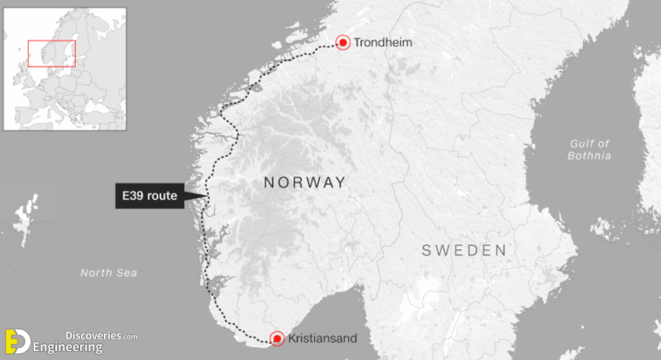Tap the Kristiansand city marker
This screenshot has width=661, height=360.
tap(277, 339)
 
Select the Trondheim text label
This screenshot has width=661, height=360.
tap(383, 42)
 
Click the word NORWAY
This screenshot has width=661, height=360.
tap(304, 182)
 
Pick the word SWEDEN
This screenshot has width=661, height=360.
tap(463, 250)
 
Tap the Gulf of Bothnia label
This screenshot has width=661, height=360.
tap(589, 149)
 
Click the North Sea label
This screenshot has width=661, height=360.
tap(108, 272)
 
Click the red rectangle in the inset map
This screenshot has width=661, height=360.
tap(51, 54)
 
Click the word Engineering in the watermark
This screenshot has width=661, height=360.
tap(68, 348)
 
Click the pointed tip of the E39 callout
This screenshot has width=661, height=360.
tap(207, 196)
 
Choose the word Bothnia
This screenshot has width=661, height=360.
tap(589, 155)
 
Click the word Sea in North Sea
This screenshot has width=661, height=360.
tap(127, 272)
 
